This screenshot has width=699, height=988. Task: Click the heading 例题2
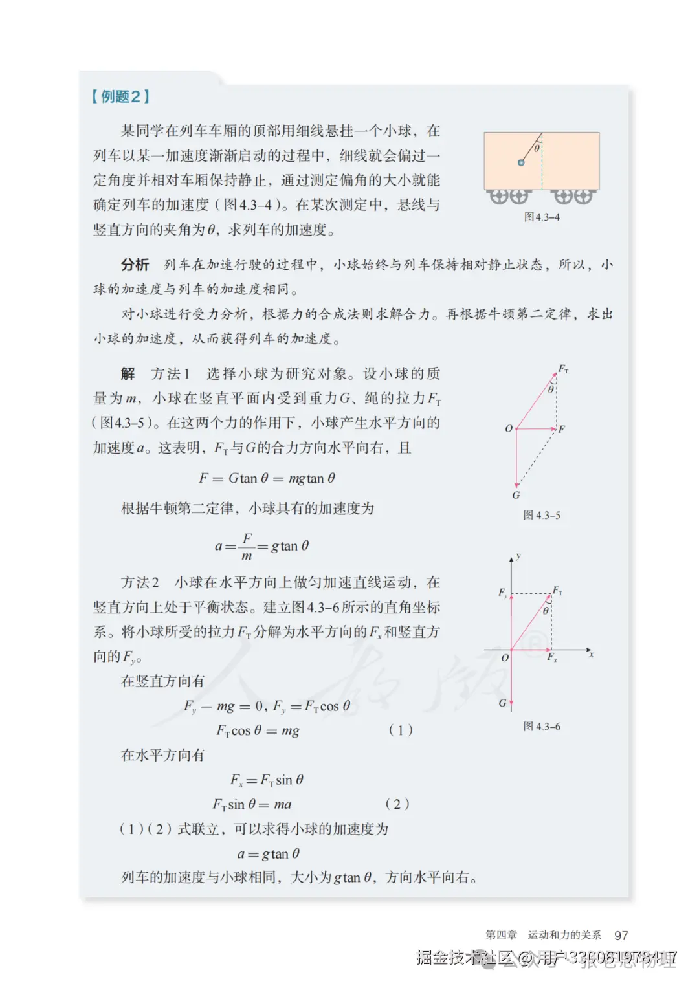[121, 96]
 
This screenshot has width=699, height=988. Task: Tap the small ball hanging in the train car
[521, 162]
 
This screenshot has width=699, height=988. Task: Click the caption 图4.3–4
[542, 217]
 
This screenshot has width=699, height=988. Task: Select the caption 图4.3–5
[542, 515]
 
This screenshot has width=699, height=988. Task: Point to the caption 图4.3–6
[542, 727]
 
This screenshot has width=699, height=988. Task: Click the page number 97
[621, 935]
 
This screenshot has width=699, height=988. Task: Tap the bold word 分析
[135, 265]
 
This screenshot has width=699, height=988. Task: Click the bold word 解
[128, 373]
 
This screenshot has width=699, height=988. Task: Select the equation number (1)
[401, 730]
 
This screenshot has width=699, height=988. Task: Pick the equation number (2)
[397, 804]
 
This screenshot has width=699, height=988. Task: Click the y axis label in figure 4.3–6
[518, 556]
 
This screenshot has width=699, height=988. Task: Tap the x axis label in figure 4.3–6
[591, 655]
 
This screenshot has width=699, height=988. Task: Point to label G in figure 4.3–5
[516, 495]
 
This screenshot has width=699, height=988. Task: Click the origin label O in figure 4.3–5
[509, 428]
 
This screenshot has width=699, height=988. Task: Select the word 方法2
[140, 582]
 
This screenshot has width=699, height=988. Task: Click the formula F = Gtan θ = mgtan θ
[267, 478]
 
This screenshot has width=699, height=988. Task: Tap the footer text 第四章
[502, 935]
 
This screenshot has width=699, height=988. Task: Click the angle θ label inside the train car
[537, 149]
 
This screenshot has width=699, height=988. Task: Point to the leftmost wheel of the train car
[499, 196]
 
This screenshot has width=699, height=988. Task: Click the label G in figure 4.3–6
[502, 703]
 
